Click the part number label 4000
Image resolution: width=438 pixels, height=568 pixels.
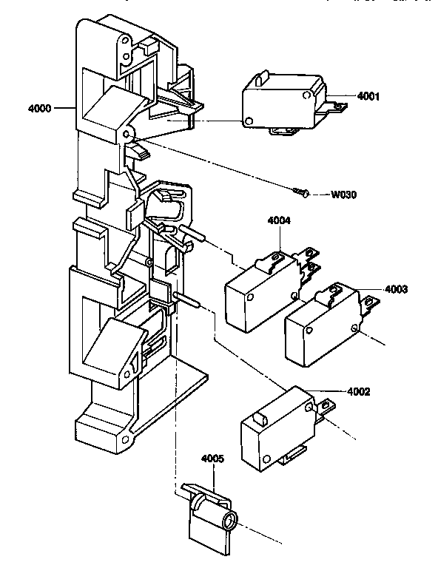click(x=38, y=109)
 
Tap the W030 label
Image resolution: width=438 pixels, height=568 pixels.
click(x=343, y=195)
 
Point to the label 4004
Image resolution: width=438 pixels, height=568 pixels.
click(x=280, y=220)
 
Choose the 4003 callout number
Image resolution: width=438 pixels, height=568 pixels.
click(x=397, y=288)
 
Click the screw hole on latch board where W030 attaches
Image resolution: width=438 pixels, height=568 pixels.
click(x=127, y=134)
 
